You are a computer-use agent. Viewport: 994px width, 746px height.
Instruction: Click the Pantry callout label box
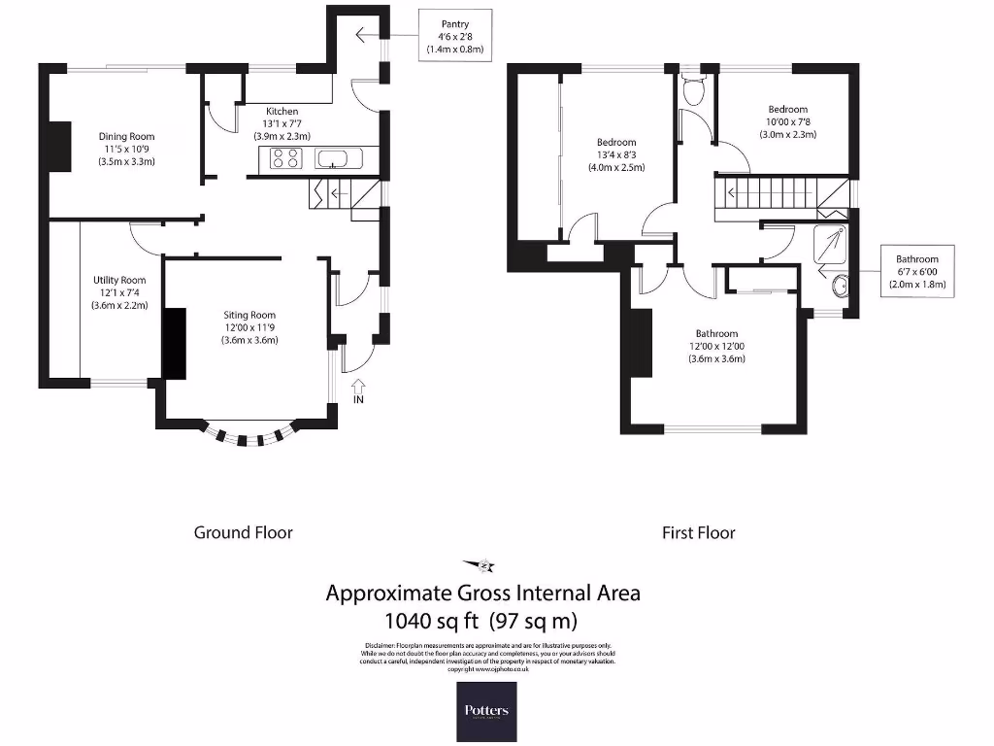[455, 36]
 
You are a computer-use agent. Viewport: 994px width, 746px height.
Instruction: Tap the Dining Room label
[126, 149]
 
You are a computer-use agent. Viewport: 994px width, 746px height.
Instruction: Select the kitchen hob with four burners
[286, 158]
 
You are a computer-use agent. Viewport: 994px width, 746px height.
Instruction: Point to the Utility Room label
[113, 292]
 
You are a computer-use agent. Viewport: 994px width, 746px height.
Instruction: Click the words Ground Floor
[243, 532]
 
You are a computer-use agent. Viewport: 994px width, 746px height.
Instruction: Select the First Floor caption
[698, 532]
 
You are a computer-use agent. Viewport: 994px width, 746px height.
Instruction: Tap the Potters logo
[486, 711]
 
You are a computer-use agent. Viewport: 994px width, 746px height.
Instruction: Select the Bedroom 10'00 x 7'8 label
[787, 122]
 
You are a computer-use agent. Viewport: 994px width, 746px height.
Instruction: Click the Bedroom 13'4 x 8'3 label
[616, 154]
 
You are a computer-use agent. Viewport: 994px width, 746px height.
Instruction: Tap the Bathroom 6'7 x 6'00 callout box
[917, 271]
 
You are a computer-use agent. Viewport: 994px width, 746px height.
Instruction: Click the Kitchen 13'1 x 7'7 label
[282, 123]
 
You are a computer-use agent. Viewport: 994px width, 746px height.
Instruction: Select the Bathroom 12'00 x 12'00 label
[716, 346]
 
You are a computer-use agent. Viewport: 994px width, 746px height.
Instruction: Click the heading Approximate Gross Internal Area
[482, 593]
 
